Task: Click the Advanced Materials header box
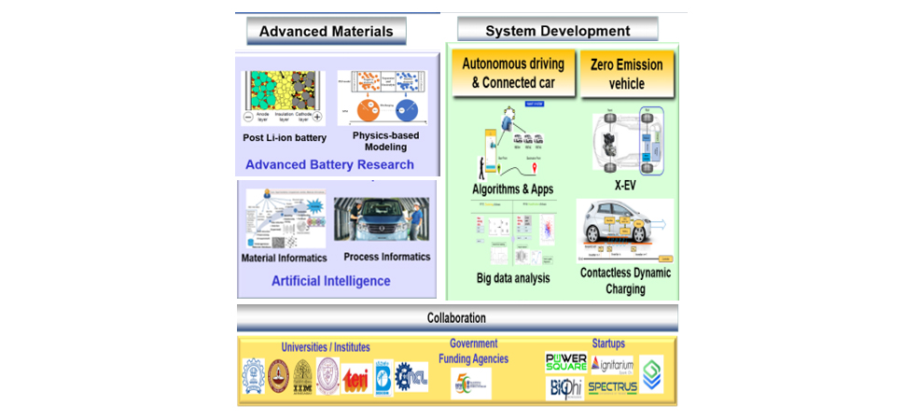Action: tap(327, 31)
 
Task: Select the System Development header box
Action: tap(557, 31)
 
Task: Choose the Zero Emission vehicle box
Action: tap(626, 74)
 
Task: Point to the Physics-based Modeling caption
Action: tap(385, 141)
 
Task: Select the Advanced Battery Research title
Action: tap(329, 165)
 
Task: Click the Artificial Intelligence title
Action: tap(330, 280)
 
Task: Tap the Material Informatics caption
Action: tap(284, 258)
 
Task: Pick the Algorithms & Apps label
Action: tap(512, 189)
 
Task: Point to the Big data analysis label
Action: tap(513, 277)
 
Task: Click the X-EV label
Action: tap(624, 186)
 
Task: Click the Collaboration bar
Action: tap(457, 317)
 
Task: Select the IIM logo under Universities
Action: tap(303, 377)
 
